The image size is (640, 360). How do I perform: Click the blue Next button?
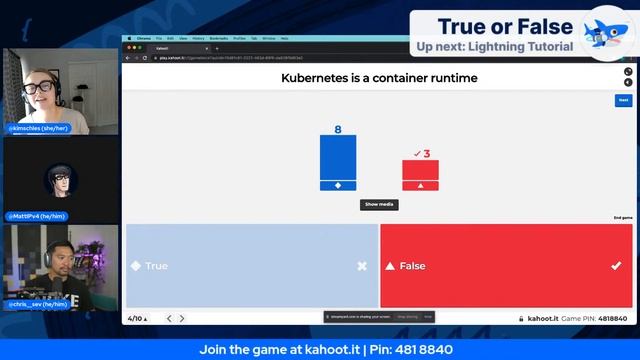click(x=623, y=100)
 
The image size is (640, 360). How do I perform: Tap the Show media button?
click(x=379, y=204)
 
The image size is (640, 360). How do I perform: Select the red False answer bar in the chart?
click(x=420, y=171)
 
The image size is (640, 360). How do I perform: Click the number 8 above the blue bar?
click(x=338, y=130)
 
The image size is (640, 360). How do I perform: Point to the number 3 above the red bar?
click(x=426, y=153)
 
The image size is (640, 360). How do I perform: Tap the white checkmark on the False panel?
click(x=616, y=266)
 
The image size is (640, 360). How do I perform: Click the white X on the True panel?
click(x=362, y=266)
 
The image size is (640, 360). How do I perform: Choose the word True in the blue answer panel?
click(x=157, y=266)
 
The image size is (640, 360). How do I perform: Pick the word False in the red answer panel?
click(x=412, y=266)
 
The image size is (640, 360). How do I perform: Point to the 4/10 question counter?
click(x=137, y=318)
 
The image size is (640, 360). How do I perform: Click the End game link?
click(x=622, y=218)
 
